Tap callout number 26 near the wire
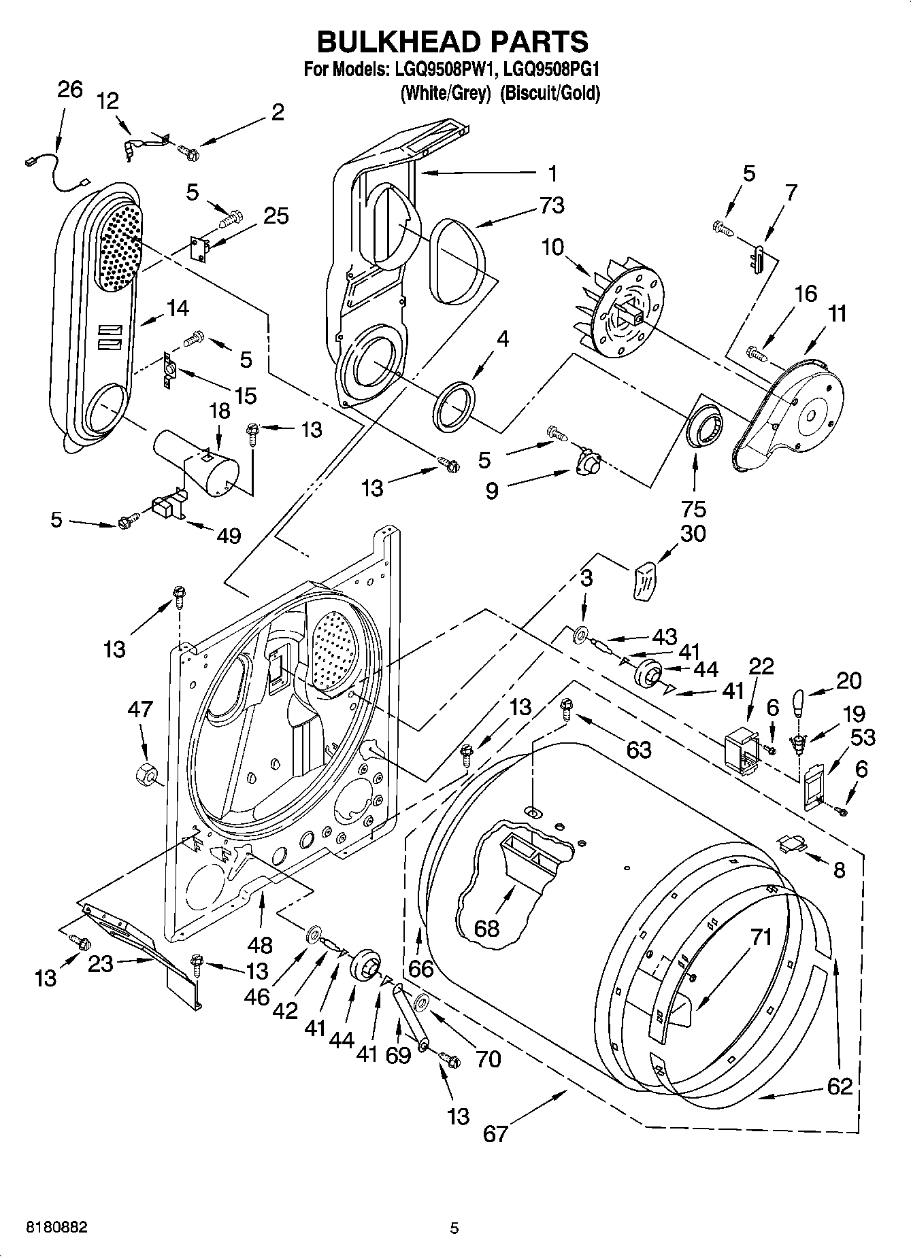pyautogui.click(x=70, y=90)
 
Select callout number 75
pyautogui.click(x=694, y=509)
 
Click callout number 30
pyautogui.click(x=693, y=534)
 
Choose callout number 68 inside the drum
pyautogui.click(x=486, y=929)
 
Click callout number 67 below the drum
pyautogui.click(x=495, y=1133)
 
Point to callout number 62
pyautogui.click(x=840, y=1086)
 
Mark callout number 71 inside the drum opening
pyautogui.click(x=761, y=937)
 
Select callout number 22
pyautogui.click(x=761, y=666)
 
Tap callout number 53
pyautogui.click(x=863, y=738)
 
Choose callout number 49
pyautogui.click(x=229, y=536)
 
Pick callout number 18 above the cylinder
pyautogui.click(x=220, y=411)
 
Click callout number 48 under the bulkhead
pyautogui.click(x=261, y=945)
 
